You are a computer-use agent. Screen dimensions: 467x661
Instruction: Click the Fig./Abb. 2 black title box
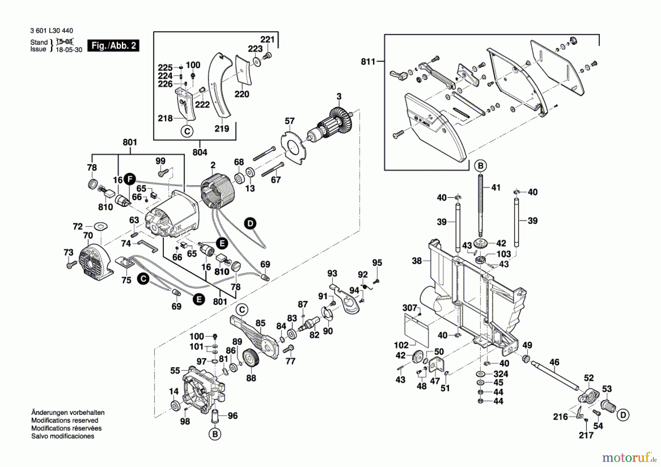113,46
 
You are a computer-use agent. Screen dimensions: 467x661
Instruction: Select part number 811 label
368,62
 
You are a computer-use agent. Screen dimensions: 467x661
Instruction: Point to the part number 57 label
289,121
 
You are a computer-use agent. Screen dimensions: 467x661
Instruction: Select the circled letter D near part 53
623,415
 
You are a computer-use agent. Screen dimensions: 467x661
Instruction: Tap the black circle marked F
130,179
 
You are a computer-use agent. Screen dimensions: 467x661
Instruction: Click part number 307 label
409,308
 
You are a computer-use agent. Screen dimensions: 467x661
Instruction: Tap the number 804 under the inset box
200,152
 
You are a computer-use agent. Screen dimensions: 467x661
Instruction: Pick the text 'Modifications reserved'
65,420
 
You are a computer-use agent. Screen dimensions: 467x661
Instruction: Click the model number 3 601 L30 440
51,31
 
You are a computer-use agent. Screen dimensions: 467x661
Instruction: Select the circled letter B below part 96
215,434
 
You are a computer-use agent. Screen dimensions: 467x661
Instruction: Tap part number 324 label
501,374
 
